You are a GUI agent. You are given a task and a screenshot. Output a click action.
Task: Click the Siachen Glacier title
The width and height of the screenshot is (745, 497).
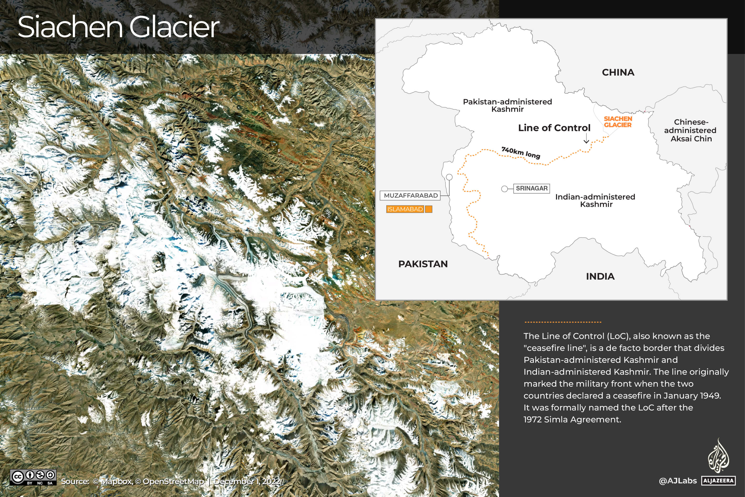[118, 27]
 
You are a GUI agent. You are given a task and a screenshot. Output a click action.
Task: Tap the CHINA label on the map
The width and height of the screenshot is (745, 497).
[618, 73]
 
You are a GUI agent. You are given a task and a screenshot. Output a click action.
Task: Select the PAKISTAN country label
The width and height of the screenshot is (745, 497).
[423, 264]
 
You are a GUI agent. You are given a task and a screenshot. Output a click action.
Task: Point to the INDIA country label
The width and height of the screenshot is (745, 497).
[600, 277]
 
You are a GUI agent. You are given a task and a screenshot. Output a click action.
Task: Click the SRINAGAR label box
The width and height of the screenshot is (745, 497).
[531, 188]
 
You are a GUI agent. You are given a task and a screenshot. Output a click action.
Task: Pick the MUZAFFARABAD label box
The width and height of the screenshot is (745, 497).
[411, 195]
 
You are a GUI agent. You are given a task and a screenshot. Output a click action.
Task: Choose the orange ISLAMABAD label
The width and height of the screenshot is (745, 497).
[405, 209]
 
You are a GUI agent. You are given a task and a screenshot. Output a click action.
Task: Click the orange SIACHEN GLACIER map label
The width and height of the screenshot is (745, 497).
[617, 122]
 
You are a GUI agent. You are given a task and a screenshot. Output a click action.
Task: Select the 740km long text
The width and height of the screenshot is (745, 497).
[521, 153]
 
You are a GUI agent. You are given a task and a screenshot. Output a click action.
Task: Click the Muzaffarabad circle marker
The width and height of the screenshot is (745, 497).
[449, 177]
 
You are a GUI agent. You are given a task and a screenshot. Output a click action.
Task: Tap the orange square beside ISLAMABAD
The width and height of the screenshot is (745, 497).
[429, 209]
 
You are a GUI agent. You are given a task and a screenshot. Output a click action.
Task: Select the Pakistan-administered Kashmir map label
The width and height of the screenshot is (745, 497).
[507, 105]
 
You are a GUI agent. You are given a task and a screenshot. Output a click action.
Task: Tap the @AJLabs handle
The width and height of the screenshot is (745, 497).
[678, 481]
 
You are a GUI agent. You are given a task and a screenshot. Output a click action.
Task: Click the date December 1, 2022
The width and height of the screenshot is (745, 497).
[247, 482]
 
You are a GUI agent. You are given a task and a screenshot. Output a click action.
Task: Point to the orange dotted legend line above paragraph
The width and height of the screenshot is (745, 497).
[563, 322]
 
